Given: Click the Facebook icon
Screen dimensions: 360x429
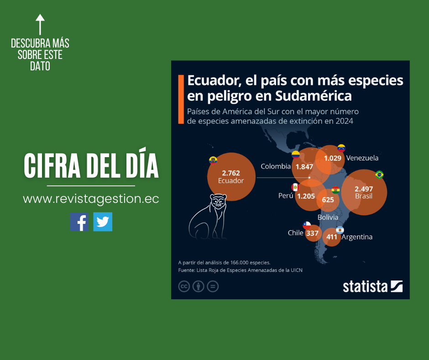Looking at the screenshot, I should point(79,222).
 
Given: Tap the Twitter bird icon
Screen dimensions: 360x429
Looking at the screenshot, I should point(103,222).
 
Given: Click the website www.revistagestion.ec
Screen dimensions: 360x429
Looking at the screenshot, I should point(91,199).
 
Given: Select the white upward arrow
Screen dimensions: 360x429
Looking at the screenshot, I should point(40,24).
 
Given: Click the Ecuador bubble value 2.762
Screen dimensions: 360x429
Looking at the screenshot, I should point(230,173).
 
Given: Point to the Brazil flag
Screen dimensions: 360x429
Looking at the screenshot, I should point(379,175).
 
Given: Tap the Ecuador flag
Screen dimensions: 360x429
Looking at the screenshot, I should point(213,160).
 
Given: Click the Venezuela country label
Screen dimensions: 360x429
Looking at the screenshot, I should point(362,158).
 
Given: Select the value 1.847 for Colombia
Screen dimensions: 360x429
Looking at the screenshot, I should point(304,167).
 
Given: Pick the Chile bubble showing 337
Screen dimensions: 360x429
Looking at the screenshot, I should point(312,233).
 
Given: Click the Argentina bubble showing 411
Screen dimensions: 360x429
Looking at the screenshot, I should point(332,237).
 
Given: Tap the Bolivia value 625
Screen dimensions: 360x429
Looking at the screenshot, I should point(328,199).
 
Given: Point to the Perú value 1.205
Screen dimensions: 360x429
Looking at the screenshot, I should point(306,196).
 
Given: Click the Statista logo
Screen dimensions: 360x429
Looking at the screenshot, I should point(372,286).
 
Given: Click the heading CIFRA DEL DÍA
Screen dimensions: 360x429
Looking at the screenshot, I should point(91,166).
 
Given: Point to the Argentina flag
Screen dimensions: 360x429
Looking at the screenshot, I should point(340,230).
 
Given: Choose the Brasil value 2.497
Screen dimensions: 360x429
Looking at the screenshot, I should point(364,189).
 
